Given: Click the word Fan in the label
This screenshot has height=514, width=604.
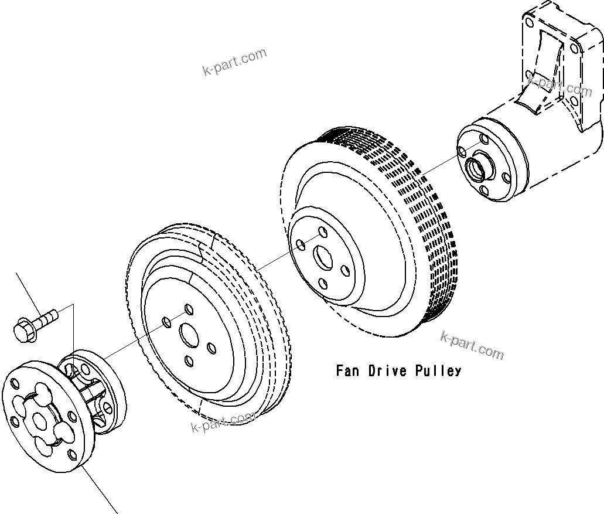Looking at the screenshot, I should point(348,371).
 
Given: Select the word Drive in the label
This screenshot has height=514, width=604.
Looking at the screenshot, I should point(388,371).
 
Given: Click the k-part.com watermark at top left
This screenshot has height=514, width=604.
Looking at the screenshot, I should point(234,62).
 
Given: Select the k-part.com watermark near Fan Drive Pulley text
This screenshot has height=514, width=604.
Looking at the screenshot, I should point(472,345).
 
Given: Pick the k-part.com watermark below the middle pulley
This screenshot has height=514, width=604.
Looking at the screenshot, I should point(224,421).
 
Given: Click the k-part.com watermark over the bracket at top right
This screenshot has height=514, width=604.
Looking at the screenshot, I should point(559,86).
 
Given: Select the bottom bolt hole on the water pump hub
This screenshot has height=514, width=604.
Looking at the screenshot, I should point(484,190).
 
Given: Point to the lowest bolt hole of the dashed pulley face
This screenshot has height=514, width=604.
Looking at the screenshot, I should point(323,284).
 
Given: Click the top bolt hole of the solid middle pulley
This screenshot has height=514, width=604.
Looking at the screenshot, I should point(188,308).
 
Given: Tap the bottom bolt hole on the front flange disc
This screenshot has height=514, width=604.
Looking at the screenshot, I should point(71,454).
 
